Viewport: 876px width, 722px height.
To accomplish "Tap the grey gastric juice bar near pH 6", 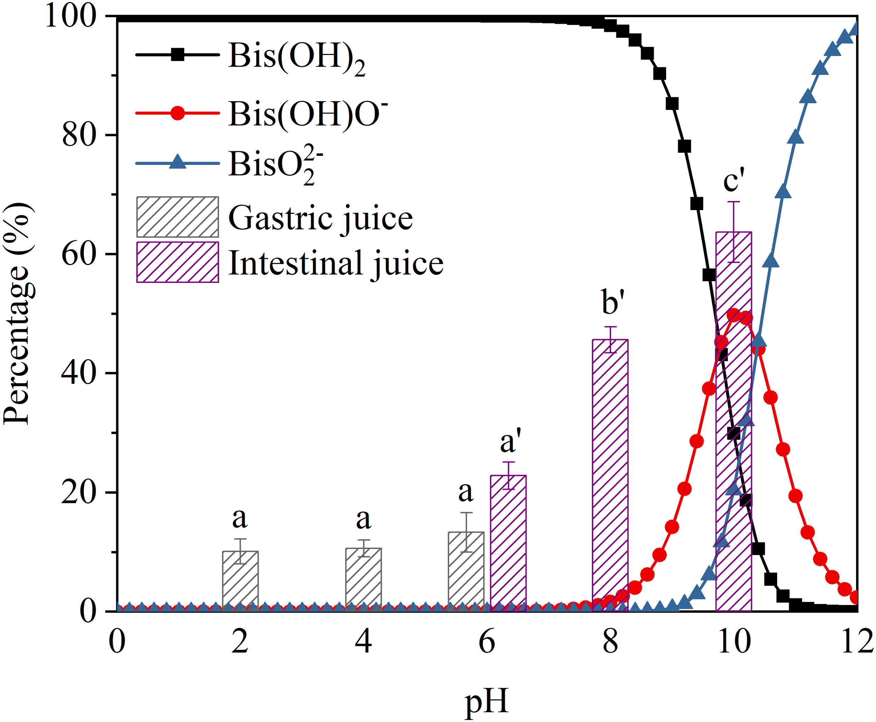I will click(x=466, y=571).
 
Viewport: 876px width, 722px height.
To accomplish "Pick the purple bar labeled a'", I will click(x=508, y=543).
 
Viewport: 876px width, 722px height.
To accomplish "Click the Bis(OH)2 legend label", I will click(x=296, y=57).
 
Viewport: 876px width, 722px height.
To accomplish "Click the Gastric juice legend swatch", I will click(x=177, y=217).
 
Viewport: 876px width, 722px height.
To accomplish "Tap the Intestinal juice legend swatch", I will click(x=177, y=262).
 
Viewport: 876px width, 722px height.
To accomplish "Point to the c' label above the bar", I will click(x=734, y=180).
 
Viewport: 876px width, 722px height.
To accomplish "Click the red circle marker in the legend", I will click(x=178, y=113).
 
